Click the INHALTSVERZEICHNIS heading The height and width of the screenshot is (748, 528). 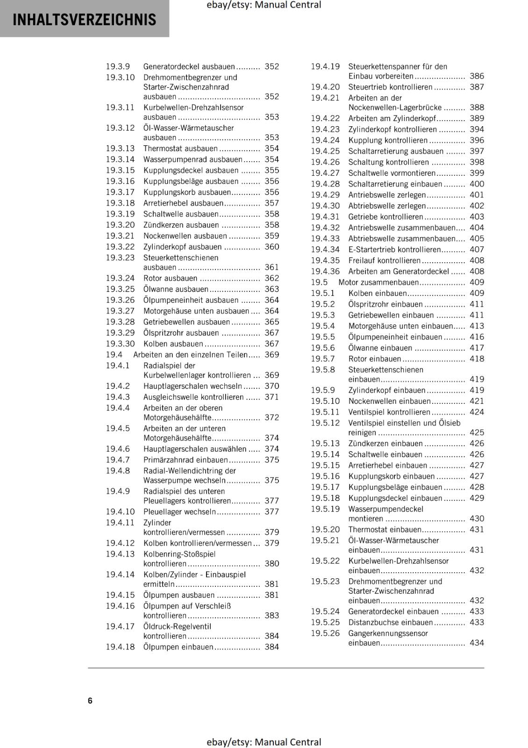tap(85, 20)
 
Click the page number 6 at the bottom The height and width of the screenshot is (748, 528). tap(90, 700)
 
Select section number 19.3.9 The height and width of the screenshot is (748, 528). tap(118, 66)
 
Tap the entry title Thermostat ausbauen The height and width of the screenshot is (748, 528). tap(180, 148)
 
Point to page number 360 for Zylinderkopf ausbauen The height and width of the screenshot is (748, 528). tap(271, 247)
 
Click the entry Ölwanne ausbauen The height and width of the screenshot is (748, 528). tap(176, 289)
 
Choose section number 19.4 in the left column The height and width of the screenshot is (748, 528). tap(114, 354)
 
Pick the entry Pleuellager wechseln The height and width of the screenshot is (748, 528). tap(180, 511)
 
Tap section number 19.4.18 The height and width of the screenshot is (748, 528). tap(120, 647)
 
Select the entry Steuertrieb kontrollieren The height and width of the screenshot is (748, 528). tap(390, 87)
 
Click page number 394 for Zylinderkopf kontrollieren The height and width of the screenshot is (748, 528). tap(477, 129)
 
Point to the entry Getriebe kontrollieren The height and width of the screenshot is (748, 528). tap(385, 216)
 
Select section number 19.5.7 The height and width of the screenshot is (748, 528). tap(323, 359)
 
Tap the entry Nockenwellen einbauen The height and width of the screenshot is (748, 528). tap(390, 401)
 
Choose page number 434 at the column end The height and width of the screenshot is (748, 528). tap(477, 643)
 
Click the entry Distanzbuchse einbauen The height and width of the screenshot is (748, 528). tap(391, 622)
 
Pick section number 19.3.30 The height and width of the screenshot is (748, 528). tap(120, 344)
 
